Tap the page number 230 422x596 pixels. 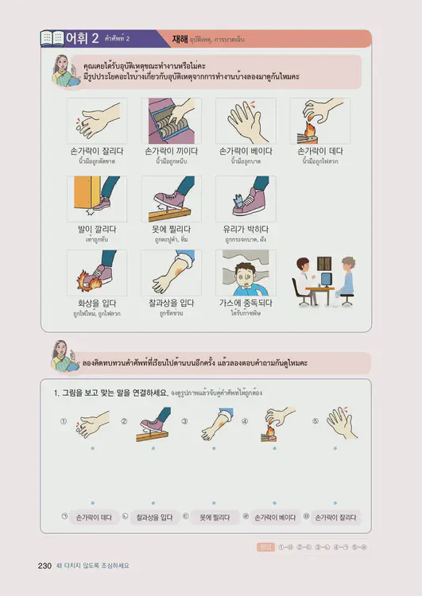click(x=45, y=566)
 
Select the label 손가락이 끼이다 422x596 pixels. click(x=171, y=151)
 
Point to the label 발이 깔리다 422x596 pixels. click(x=96, y=230)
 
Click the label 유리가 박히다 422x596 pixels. click(x=246, y=230)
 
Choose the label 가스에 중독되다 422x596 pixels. click(x=246, y=303)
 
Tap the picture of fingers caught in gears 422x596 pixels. click(x=171, y=121)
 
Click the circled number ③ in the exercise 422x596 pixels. click(x=184, y=421)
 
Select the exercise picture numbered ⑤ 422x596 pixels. click(x=342, y=424)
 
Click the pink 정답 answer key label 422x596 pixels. click(x=266, y=547)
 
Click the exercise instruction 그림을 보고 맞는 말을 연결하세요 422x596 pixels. click(x=110, y=393)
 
